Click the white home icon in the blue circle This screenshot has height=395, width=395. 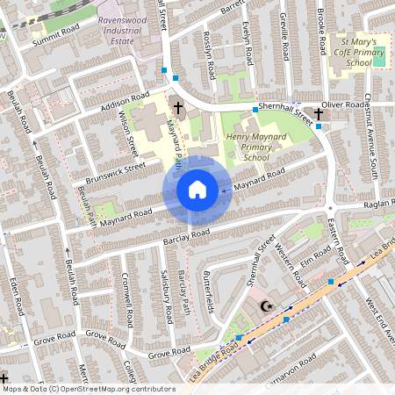(197, 189)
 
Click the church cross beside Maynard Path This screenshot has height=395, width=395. (178, 108)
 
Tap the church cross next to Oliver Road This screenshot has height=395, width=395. (319, 113)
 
